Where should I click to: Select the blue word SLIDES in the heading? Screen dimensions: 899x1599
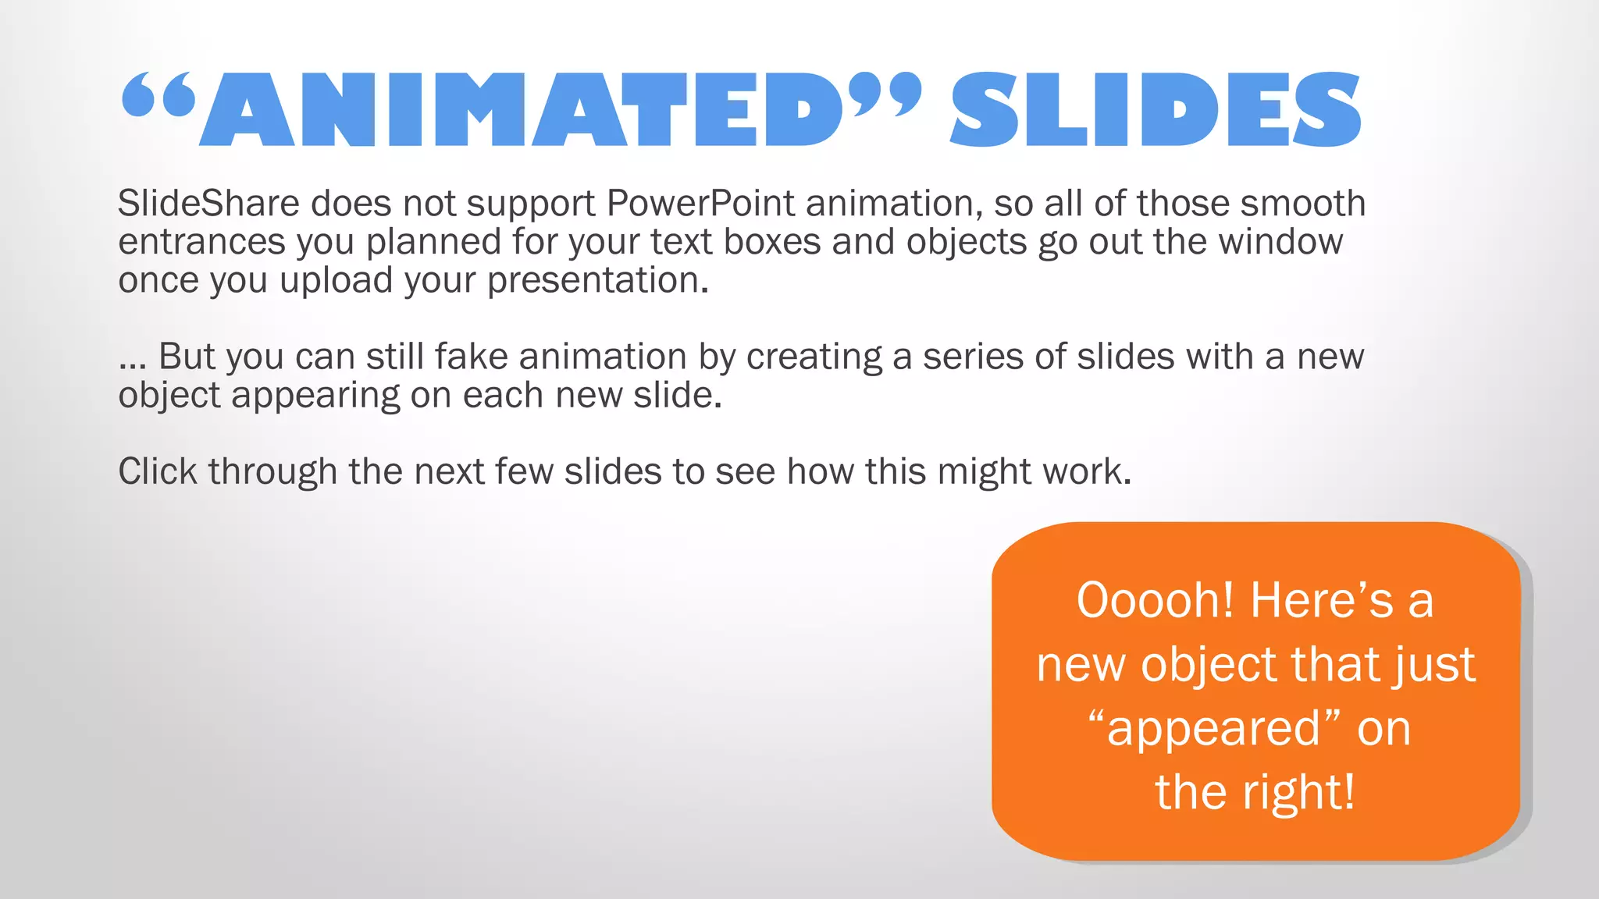(1156, 109)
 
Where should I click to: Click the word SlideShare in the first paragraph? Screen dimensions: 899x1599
(208, 204)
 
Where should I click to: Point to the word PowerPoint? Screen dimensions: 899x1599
(700, 204)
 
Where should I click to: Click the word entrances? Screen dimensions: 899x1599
(201, 242)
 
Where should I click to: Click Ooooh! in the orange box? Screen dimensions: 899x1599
(1156, 601)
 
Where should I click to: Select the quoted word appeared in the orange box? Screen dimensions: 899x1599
(1214, 729)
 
